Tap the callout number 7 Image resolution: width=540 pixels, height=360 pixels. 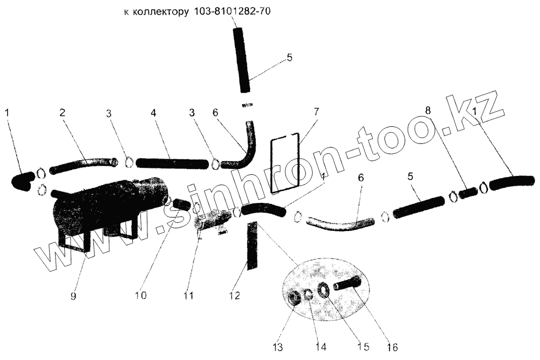[316, 112]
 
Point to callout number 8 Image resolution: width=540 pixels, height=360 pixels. [428, 110]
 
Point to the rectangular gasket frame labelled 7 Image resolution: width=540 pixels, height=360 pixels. [285, 164]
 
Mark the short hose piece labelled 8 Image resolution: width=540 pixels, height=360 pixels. [469, 191]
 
